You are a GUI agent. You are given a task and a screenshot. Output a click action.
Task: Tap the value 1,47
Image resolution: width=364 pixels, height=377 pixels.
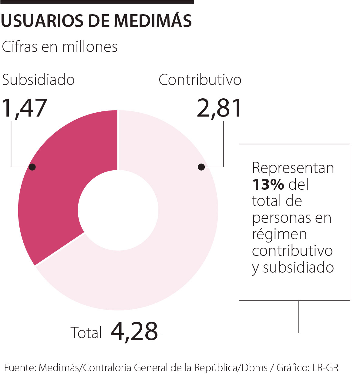point(24,108)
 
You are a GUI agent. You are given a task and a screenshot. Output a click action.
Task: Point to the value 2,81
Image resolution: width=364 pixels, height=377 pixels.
point(219,108)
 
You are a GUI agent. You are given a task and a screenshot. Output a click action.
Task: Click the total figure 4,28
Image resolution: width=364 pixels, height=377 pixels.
point(134,331)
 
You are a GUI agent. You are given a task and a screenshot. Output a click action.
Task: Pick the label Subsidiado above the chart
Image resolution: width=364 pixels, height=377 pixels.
point(38,80)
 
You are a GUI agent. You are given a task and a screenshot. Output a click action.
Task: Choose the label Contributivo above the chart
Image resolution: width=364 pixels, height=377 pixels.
point(200,80)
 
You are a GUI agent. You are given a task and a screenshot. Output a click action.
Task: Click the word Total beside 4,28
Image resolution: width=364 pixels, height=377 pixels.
point(86,333)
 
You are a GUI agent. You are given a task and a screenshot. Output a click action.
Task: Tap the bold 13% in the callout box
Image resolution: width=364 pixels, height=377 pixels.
point(268,185)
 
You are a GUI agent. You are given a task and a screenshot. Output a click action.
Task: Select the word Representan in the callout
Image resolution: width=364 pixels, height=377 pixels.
point(293,168)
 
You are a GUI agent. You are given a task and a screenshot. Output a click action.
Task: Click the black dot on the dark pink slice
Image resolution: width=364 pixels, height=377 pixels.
point(32,167)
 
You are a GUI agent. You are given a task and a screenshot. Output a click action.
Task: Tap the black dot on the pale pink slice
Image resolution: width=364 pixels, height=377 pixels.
point(201,167)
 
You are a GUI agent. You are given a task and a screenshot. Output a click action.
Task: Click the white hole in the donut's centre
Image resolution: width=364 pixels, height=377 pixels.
point(118,210)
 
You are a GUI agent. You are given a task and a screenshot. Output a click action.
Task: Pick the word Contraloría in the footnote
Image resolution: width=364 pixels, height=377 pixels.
point(107,368)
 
